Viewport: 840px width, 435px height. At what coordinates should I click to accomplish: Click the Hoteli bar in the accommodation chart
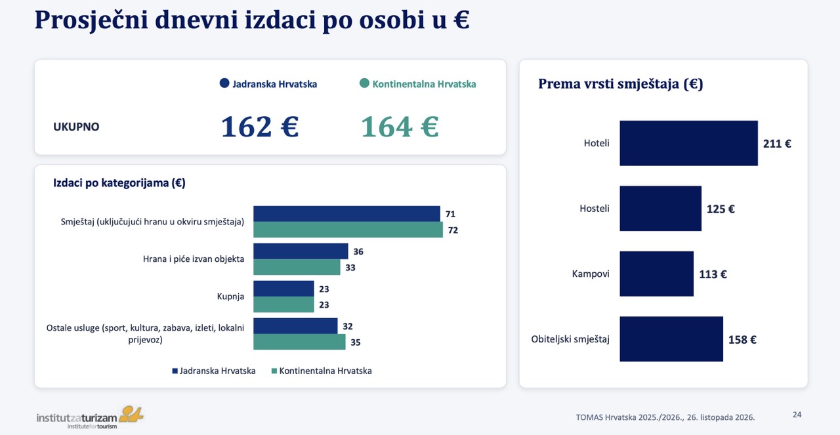tap(688, 143)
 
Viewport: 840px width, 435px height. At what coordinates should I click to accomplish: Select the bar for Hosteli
tap(660, 208)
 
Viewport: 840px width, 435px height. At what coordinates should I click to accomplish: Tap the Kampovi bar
tap(657, 274)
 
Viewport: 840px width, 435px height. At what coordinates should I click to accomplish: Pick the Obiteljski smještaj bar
tap(671, 339)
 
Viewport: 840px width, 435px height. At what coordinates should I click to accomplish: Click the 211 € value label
tap(777, 144)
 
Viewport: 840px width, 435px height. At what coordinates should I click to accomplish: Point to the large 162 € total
tap(259, 127)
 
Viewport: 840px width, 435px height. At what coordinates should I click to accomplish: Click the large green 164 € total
tap(400, 127)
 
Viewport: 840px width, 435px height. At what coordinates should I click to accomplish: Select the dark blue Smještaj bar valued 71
tap(347, 214)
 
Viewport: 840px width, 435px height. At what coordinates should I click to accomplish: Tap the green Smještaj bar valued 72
tap(348, 230)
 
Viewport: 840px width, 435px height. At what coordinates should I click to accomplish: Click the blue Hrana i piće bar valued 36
tap(301, 251)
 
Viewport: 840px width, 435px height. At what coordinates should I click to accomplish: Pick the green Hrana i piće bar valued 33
tap(297, 267)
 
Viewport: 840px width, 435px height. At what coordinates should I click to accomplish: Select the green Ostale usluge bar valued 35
tap(299, 342)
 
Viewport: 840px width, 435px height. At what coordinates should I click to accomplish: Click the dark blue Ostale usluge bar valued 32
tap(295, 326)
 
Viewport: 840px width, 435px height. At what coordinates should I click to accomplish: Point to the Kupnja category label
tap(230, 297)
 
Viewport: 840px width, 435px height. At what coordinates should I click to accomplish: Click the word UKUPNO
tap(76, 127)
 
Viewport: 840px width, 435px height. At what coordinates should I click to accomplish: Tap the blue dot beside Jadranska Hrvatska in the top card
tap(224, 83)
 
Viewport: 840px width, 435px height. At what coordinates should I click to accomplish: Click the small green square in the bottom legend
tap(274, 371)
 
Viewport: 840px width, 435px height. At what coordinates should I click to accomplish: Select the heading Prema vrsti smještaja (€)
tap(621, 83)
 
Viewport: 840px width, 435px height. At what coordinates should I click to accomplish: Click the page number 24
tap(797, 415)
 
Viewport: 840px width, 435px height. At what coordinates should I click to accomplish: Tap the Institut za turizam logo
tap(90, 417)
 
